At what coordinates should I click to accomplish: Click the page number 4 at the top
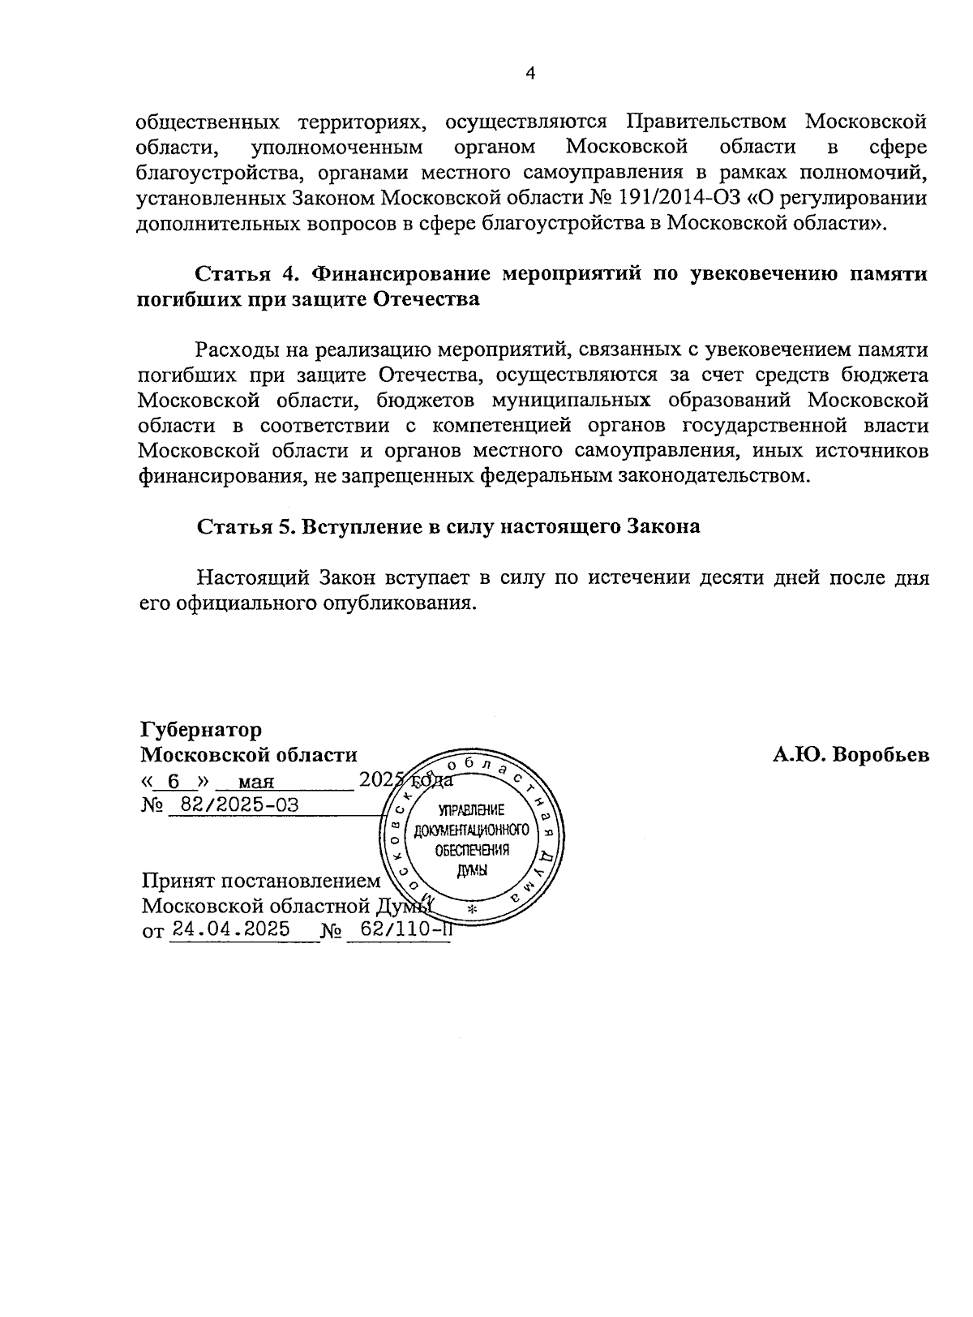[x=530, y=74]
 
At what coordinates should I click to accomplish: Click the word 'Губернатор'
[x=201, y=730]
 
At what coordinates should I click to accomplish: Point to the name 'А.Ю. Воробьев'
[x=851, y=755]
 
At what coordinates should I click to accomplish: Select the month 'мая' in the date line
[x=257, y=783]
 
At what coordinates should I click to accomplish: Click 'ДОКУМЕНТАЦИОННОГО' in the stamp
[x=471, y=830]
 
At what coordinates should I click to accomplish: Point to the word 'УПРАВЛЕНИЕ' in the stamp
[x=471, y=810]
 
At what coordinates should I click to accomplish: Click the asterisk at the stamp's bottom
[x=472, y=909]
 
